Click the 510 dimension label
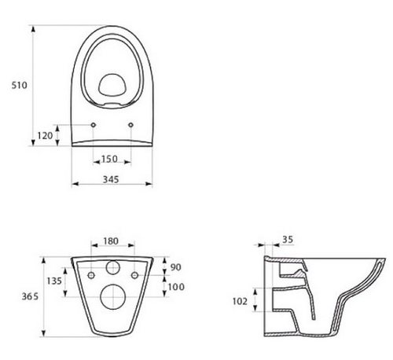click(19, 86)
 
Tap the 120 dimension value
click(45, 136)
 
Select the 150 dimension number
click(109, 159)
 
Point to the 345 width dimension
click(111, 179)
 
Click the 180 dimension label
click(111, 241)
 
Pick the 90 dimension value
click(175, 267)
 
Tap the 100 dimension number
click(176, 287)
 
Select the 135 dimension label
click(54, 281)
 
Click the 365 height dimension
click(30, 296)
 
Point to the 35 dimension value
click(288, 240)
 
